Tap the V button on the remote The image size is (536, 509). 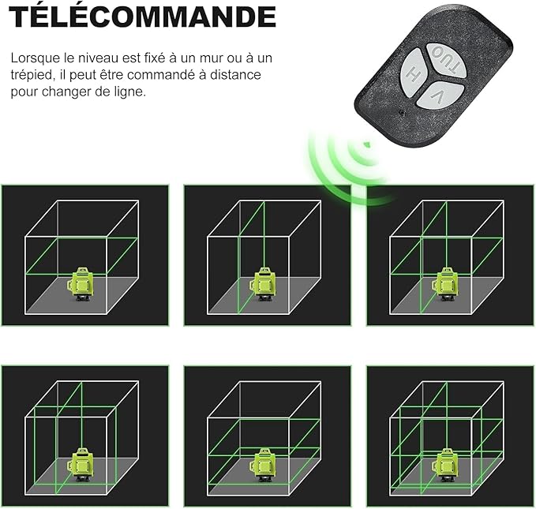pyautogui.click(x=440, y=95)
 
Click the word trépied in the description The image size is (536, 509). pyautogui.click(x=31, y=75)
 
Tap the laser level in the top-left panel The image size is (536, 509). pyautogui.click(x=81, y=284)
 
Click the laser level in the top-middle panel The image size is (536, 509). pyautogui.click(x=264, y=284)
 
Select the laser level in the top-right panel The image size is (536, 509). pyautogui.click(x=446, y=284)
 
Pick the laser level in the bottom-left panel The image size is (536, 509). pyautogui.click(x=81, y=465)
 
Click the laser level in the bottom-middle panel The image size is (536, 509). pyautogui.click(x=264, y=465)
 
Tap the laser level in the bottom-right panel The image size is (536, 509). pyautogui.click(x=446, y=465)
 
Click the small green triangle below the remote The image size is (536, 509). pyautogui.click(x=366, y=144)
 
